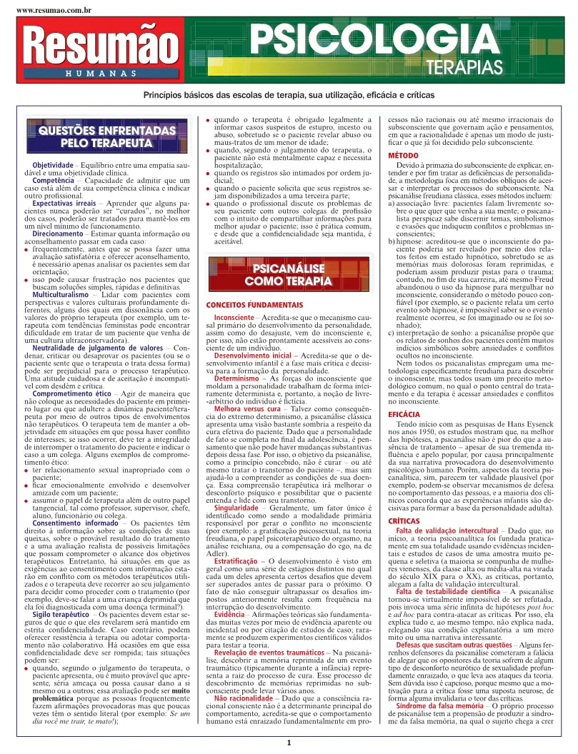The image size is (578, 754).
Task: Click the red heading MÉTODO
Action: (x=403, y=155)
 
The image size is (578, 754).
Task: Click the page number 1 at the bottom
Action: (x=289, y=743)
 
